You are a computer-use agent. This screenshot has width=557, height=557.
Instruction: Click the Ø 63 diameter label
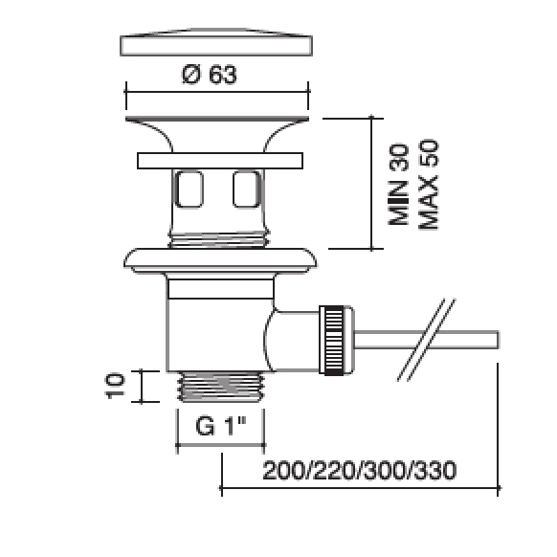210,75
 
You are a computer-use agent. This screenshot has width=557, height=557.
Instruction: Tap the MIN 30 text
398,185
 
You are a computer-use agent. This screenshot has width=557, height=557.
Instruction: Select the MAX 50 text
429,185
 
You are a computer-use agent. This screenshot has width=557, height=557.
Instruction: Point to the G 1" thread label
220,426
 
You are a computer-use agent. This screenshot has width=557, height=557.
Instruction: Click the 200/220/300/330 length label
360,471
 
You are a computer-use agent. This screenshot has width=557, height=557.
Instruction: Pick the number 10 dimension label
115,386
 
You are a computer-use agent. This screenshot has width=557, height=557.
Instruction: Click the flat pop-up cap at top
216,42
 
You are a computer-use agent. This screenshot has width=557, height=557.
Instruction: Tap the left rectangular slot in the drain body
189,189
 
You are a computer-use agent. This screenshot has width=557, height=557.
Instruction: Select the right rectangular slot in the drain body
247,189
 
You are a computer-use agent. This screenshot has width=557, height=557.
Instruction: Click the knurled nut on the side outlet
337,340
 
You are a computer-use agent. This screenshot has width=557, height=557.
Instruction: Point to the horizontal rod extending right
426,340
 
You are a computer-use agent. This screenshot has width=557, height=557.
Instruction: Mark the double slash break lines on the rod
426,340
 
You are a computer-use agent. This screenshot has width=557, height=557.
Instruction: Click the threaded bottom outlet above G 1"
220,387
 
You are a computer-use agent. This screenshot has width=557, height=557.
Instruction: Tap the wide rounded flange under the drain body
220,260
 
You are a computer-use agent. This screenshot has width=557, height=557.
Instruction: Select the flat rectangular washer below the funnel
220,161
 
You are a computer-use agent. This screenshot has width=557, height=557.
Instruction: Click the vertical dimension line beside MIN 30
371,184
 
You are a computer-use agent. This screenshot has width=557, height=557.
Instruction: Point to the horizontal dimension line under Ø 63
217,92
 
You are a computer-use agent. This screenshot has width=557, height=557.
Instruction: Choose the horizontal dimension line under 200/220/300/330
360,488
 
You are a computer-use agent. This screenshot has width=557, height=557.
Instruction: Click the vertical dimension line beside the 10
142,387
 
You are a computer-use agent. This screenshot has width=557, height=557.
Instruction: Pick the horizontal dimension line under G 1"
220,444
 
